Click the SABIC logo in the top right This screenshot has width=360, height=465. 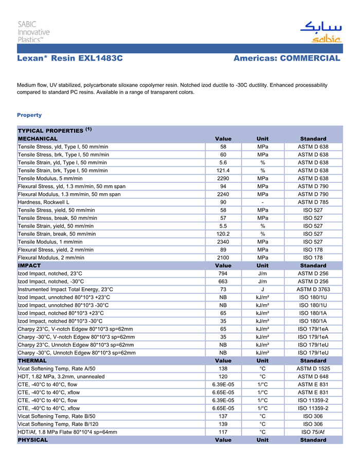[320, 32]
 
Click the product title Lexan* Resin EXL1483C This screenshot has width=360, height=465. [70, 59]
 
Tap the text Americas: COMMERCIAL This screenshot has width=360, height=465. [287, 59]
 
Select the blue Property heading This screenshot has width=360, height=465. [29, 115]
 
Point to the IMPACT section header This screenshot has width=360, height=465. [29, 266]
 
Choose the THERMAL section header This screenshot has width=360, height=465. [32, 361]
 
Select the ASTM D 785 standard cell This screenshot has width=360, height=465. [313, 202]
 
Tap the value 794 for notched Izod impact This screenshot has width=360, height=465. [223, 274]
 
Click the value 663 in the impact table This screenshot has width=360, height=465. [223, 282]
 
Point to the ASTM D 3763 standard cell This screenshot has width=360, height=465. [313, 290]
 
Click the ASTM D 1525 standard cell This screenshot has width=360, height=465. [313, 369]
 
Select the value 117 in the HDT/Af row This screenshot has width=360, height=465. [223, 432]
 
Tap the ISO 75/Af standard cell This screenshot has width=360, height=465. [313, 432]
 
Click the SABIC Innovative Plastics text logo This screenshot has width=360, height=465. [34, 31]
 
